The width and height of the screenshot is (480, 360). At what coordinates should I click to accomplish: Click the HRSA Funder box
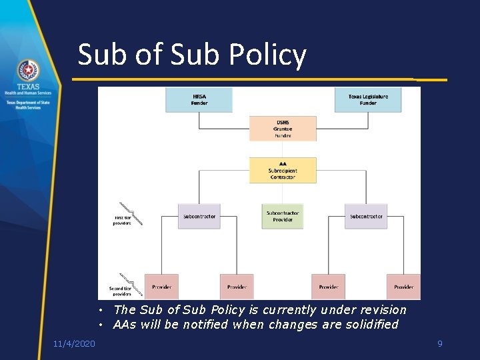pyautogui.click(x=199, y=99)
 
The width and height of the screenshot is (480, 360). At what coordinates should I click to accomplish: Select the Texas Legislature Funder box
pyautogui.click(x=368, y=99)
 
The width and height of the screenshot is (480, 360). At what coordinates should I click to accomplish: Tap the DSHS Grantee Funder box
pyautogui.click(x=283, y=129)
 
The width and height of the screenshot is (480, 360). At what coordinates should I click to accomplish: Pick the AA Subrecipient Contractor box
pyautogui.click(x=283, y=171)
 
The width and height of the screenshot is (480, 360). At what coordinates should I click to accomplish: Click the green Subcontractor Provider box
pyautogui.click(x=283, y=216)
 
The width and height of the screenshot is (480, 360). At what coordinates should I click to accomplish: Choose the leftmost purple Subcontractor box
pyautogui.click(x=199, y=216)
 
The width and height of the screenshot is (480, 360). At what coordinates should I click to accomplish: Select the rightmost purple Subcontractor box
pyautogui.click(x=366, y=216)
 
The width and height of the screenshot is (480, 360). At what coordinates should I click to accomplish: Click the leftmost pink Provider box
pyautogui.click(x=161, y=287)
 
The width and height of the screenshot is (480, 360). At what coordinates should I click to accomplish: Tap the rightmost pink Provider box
pyautogui.click(x=403, y=287)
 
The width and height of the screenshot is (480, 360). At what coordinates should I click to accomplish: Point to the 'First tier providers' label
pyautogui.click(x=122, y=220)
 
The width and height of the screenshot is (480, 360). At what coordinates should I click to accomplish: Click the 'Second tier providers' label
pyautogui.click(x=121, y=291)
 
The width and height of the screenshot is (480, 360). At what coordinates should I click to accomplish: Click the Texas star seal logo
pyautogui.click(x=28, y=71)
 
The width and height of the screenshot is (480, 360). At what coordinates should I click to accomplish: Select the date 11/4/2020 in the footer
pyautogui.click(x=74, y=343)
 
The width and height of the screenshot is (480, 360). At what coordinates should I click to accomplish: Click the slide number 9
pyautogui.click(x=439, y=343)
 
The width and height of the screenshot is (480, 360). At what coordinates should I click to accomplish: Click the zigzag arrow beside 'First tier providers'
pyautogui.click(x=131, y=213)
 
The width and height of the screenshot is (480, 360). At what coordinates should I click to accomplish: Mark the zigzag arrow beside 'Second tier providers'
pyautogui.click(x=131, y=283)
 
